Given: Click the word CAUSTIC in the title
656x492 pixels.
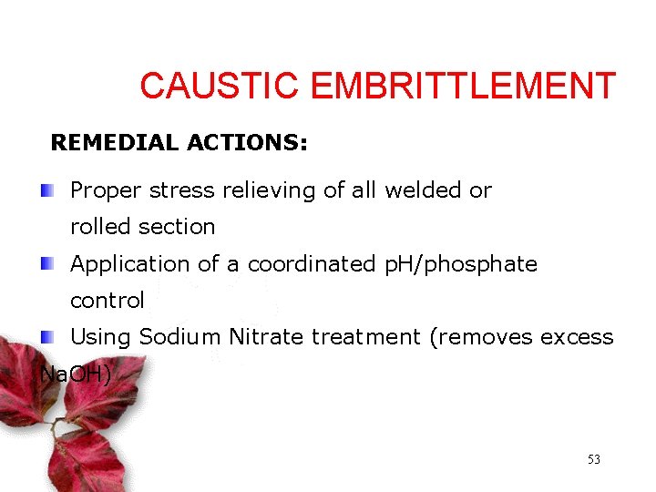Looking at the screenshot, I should coord(219,87).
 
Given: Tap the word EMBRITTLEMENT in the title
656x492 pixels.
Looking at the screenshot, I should coord(463,87).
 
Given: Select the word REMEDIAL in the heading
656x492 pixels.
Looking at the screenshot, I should coord(115,143).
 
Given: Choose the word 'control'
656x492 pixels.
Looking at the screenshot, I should coord(108,301).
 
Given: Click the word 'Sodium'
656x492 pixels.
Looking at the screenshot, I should coord(180,337).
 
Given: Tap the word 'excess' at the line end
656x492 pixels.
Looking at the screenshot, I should coord(577,337).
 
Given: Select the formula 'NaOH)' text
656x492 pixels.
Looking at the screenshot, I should coord(77,373).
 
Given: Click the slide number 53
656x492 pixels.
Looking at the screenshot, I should coord(593,460).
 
